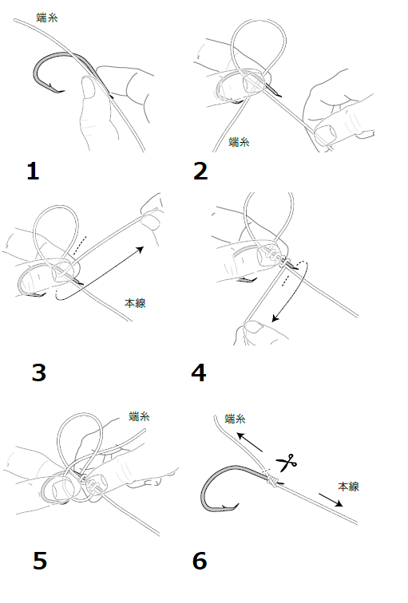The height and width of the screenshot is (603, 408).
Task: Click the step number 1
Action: [x=33, y=171]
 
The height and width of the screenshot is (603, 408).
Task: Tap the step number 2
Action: [x=200, y=171]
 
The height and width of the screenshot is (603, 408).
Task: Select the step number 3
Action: [x=39, y=372]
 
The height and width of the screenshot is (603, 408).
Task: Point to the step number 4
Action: [x=199, y=372]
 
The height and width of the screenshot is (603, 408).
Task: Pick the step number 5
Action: [x=40, y=560]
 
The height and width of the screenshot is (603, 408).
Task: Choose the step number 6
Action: [x=200, y=560]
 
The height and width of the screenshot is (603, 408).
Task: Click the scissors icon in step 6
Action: [x=287, y=463]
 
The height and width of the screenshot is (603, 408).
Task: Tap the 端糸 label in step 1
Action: [x=47, y=18]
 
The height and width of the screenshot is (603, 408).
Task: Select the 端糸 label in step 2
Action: [x=239, y=142]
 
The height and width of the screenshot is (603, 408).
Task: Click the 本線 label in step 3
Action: [x=135, y=303]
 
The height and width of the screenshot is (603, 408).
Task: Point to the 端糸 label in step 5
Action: [x=139, y=416]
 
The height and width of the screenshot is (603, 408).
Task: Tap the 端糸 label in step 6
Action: [x=235, y=419]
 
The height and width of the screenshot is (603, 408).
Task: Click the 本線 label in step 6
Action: [x=348, y=487]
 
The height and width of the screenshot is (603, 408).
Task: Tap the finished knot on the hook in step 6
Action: [x=271, y=481]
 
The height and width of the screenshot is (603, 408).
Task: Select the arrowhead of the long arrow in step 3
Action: [x=141, y=250]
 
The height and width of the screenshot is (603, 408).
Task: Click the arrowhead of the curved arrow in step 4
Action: [x=275, y=318]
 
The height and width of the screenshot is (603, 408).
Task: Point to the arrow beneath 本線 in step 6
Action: [x=331, y=500]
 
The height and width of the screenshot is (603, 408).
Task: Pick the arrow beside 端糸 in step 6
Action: [x=249, y=442]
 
